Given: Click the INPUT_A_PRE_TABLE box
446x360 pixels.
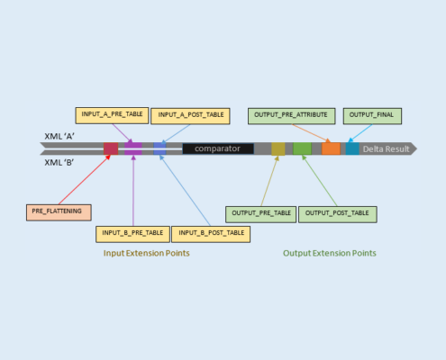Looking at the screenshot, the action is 112,115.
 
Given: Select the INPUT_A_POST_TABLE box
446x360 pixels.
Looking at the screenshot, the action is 190,116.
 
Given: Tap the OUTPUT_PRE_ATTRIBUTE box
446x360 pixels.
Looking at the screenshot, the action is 292,116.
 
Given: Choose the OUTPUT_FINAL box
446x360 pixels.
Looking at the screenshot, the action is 372,116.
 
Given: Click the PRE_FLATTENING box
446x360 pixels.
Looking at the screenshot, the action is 59,212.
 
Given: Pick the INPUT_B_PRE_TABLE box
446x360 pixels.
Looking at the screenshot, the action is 132,234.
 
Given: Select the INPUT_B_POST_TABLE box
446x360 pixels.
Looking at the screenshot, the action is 211,234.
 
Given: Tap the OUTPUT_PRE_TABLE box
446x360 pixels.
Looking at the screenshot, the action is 261,214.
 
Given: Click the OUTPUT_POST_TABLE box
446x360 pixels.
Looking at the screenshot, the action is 338,214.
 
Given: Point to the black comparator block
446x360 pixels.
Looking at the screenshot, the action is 218,148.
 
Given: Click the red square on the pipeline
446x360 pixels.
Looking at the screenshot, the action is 111,148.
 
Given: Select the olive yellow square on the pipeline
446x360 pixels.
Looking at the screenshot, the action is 278,148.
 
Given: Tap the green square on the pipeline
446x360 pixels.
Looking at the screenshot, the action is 302,148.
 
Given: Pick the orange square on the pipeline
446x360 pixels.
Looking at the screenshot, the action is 331,148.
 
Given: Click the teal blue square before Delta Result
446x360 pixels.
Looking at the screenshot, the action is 352,148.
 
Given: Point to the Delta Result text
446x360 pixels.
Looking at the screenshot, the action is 386,149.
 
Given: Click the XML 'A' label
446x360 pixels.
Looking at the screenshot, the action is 59,137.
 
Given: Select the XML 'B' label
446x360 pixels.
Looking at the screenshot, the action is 59,163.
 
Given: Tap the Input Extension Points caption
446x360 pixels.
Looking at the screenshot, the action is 147,254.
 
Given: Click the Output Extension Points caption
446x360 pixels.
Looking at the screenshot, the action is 330,254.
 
